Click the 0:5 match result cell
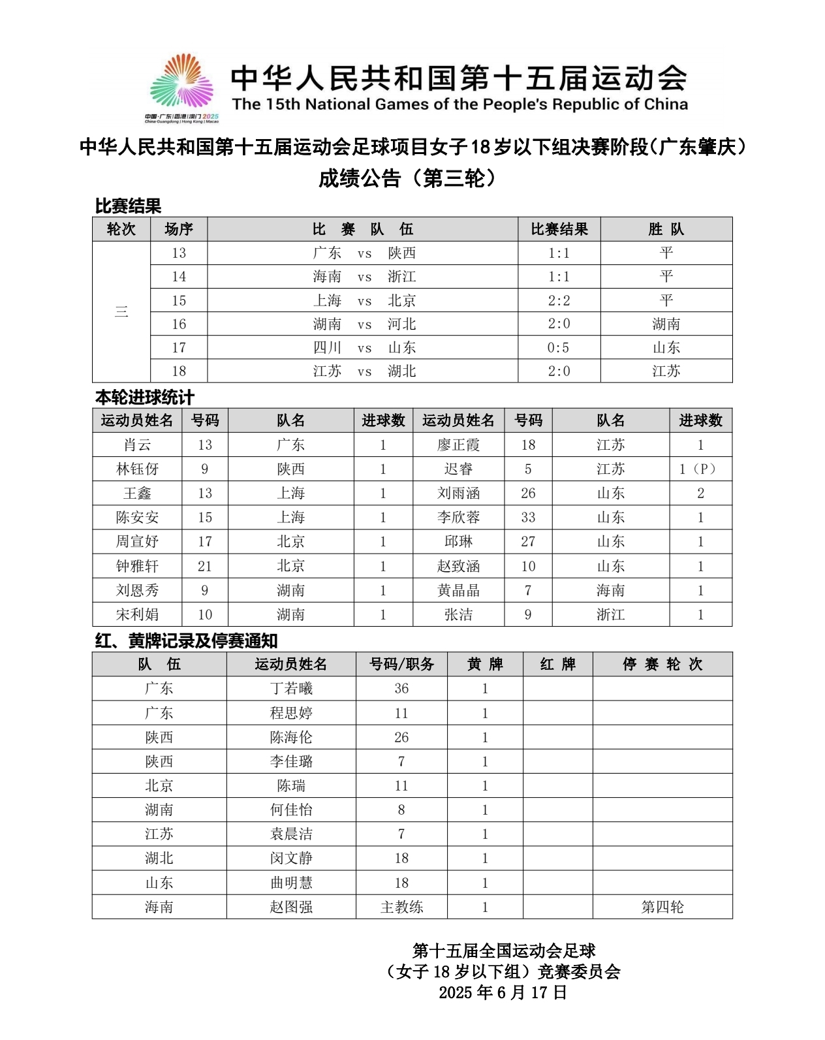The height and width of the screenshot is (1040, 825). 559,347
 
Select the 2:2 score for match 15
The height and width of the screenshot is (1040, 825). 559,300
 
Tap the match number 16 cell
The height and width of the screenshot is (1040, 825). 179,324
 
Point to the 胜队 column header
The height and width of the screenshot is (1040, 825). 666,229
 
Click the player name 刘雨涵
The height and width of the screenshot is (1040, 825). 458,493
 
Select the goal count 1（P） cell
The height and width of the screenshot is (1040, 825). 700,469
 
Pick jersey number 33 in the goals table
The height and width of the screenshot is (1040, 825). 528,517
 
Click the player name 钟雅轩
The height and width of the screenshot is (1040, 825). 137,566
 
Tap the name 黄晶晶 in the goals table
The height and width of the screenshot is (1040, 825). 458,590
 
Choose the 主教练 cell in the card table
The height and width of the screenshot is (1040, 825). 401,907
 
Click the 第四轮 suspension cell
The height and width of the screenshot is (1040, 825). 662,907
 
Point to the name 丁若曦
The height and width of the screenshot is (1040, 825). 291,688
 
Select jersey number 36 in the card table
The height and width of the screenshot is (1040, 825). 401,688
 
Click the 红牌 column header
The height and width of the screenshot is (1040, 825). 557,664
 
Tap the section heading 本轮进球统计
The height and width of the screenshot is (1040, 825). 145,397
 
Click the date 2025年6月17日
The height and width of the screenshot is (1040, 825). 503,992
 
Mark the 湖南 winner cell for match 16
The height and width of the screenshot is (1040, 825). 666,324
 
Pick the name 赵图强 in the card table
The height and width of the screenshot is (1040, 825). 291,907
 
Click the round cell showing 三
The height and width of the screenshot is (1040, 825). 121,311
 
